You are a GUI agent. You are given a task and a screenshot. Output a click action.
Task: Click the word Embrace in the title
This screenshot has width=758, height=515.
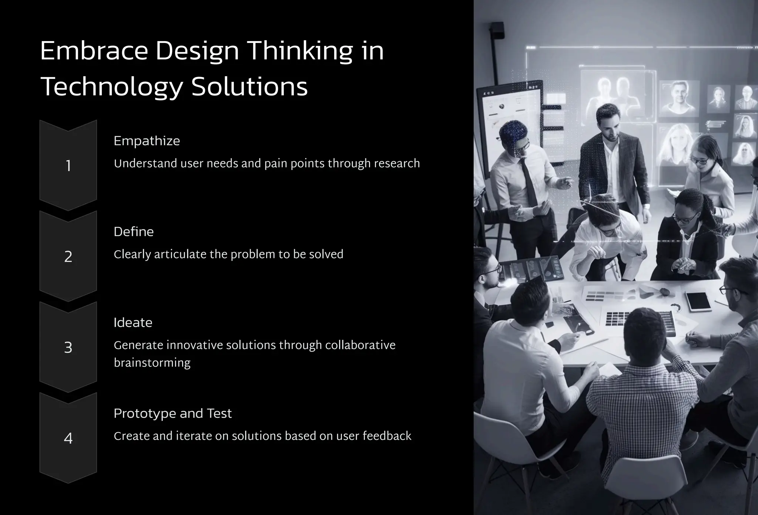[x=94, y=52]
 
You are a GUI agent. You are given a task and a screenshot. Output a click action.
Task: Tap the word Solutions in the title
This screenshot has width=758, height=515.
[x=249, y=88]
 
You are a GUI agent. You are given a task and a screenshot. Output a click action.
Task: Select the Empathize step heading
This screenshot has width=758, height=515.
[x=147, y=141]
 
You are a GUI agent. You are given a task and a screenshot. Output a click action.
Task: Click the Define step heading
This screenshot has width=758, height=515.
[x=134, y=232]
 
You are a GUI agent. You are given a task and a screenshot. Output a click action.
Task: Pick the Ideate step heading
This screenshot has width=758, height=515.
[x=133, y=323]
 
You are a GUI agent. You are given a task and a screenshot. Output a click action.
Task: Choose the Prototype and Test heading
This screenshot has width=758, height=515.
[x=172, y=413]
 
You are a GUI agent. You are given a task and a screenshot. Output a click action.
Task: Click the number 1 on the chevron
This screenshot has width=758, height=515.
[x=68, y=166]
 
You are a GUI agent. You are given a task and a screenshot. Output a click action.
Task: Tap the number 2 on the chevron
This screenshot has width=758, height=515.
[x=68, y=257]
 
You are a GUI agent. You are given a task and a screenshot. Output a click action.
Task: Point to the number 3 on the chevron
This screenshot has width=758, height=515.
[x=68, y=348]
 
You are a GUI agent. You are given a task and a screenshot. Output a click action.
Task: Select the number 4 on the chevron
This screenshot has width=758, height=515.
[x=68, y=438]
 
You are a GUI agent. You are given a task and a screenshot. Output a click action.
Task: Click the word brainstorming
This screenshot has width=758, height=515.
[x=152, y=363]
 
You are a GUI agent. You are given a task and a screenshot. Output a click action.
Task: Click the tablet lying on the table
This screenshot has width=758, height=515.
[x=697, y=301]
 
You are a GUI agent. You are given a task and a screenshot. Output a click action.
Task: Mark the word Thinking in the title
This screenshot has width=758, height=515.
[x=300, y=52]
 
